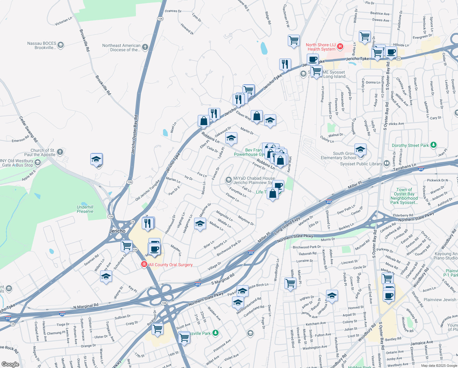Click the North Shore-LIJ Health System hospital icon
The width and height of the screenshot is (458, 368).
point(340,47)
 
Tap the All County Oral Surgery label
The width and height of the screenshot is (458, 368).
point(171,265)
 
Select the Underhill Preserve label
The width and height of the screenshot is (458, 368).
point(85,209)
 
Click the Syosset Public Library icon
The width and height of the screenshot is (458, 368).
point(386,163)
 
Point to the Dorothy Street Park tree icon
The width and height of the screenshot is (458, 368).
point(433,145)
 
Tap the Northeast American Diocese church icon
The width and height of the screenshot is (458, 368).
point(145,47)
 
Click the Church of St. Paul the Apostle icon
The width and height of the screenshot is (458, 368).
point(60,152)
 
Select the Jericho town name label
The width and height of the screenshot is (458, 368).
point(117,231)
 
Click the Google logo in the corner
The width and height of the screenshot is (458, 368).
point(10,364)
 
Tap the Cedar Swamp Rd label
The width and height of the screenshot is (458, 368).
point(28,129)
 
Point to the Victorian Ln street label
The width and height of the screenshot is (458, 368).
point(63,21)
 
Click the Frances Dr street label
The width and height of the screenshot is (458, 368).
point(173,11)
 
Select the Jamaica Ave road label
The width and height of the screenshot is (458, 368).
point(422,343)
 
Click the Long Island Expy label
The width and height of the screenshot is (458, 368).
point(287,226)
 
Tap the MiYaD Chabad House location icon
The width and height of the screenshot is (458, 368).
point(228,180)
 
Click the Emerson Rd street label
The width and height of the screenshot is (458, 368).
point(20,139)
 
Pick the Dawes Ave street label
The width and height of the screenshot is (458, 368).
point(381,20)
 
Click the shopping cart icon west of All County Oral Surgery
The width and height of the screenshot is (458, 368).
point(126,245)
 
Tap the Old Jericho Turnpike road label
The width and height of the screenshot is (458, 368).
point(148,190)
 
